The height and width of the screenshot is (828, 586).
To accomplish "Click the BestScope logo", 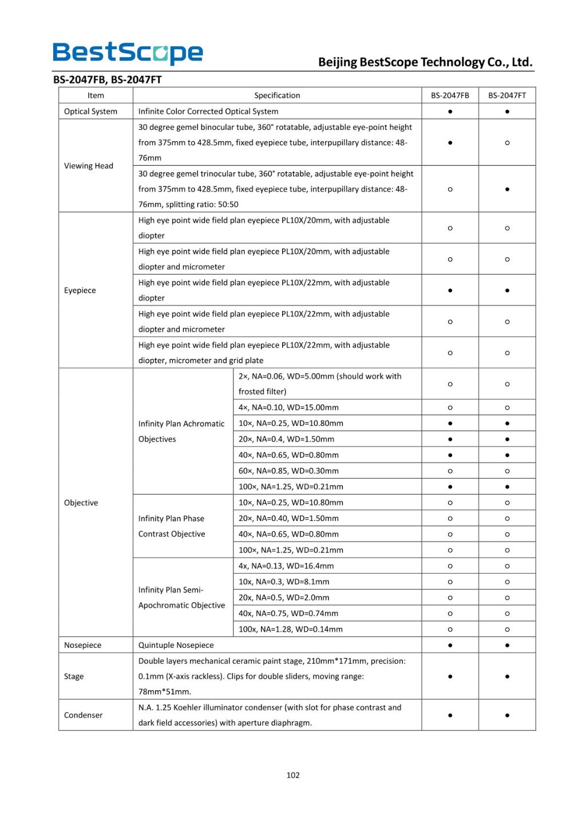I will coord(128,53).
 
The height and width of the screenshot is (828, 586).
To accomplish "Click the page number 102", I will coord(293,775).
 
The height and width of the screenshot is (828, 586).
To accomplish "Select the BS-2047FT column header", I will coord(507,95).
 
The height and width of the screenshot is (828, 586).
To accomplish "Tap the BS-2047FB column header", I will coord(450,95).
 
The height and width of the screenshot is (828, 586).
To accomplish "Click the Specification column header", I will coord(277,95).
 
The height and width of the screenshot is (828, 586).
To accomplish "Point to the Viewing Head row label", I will coord(89,166).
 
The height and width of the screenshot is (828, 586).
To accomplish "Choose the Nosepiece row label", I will coord(83,645).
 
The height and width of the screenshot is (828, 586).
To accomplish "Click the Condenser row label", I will coord(84,715).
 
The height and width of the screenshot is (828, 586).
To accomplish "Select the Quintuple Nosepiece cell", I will coord(176,645).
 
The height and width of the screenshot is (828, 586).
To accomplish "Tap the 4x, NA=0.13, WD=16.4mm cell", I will coord(286,566).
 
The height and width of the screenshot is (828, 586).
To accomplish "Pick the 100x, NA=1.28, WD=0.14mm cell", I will coord(291,630).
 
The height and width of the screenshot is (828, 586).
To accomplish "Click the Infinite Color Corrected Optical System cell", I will coord(208,112).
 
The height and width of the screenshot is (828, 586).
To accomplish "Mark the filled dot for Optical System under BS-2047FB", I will coord(450,112).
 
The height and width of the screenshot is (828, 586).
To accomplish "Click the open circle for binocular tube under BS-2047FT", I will coord(507,143).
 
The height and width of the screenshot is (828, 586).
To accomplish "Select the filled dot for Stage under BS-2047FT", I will coord(507,676).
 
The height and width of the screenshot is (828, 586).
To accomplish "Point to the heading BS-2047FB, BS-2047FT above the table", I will coord(108,80).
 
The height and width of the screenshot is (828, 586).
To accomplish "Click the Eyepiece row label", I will coord(80,290).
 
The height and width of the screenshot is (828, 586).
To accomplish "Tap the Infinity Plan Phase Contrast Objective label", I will coord(172,526).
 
